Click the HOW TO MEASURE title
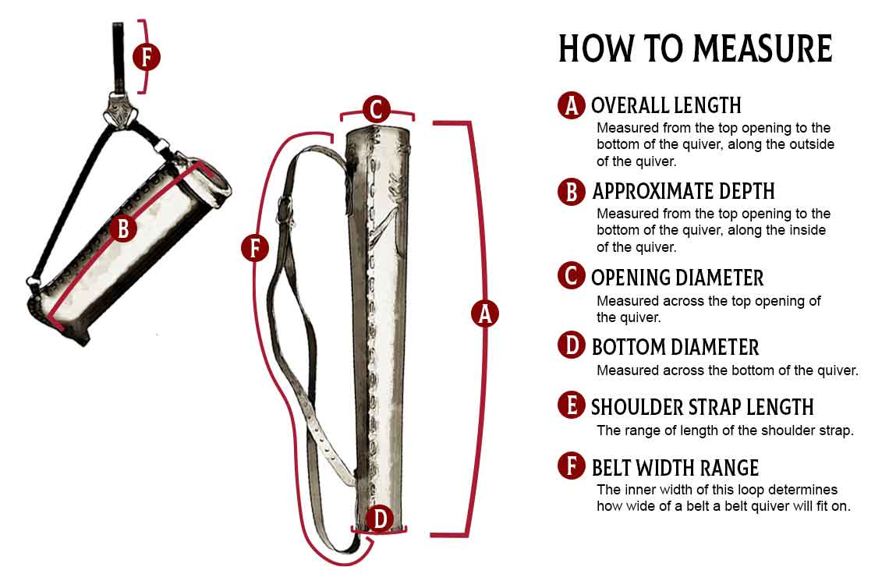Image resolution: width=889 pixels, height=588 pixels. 695,48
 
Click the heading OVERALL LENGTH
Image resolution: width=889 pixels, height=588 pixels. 666,105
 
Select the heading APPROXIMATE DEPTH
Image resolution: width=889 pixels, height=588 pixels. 683,191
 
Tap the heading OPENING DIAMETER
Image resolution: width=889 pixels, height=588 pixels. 678,278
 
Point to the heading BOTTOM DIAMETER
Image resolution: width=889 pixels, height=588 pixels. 675,347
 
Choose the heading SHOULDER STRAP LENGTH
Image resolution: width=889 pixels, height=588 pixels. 703,407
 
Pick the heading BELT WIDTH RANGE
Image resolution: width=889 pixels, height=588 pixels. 675,468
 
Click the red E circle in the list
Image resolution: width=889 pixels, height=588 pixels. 571,406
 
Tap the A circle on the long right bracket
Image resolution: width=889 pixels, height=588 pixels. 485,313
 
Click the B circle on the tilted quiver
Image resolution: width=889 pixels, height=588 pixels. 123,228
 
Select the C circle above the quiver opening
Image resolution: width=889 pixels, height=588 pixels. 377,109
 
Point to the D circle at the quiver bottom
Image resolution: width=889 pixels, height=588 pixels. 379,519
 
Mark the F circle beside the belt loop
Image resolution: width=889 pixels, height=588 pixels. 147,57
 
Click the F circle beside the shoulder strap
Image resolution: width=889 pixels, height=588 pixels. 254,248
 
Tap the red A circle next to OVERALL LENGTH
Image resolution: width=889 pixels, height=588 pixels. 571,105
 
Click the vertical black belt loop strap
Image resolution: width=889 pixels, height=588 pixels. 118,58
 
